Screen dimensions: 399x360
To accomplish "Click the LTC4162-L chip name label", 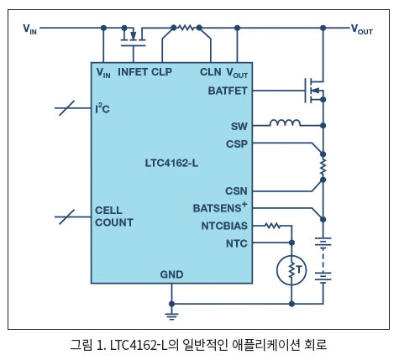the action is (171, 163).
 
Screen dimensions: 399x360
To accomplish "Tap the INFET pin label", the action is (133, 72).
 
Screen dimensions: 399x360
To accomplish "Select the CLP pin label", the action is (161, 72).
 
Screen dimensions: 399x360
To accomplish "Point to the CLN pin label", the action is (210, 72).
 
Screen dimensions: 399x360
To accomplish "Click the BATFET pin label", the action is (228, 91).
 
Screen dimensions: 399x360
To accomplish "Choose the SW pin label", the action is (239, 127).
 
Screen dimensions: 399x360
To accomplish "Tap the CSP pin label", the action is (237, 144).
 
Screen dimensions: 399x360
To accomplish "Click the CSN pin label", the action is (236, 191).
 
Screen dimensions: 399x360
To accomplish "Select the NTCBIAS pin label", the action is (224, 226).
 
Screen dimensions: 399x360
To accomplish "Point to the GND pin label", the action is (171, 274).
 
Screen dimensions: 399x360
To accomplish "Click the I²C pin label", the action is (102, 108).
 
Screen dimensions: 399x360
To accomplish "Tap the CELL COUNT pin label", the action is (114, 217).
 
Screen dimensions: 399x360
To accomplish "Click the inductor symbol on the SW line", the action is (285, 123).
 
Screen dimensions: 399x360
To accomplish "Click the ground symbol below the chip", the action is (171, 316).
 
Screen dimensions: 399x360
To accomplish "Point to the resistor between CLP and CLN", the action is (186, 28).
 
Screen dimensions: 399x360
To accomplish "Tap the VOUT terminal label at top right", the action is (362, 29).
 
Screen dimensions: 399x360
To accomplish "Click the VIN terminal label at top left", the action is (29, 29).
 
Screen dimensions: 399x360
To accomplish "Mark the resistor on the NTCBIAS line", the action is (272, 226).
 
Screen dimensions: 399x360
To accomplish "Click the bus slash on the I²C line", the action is (67, 108).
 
